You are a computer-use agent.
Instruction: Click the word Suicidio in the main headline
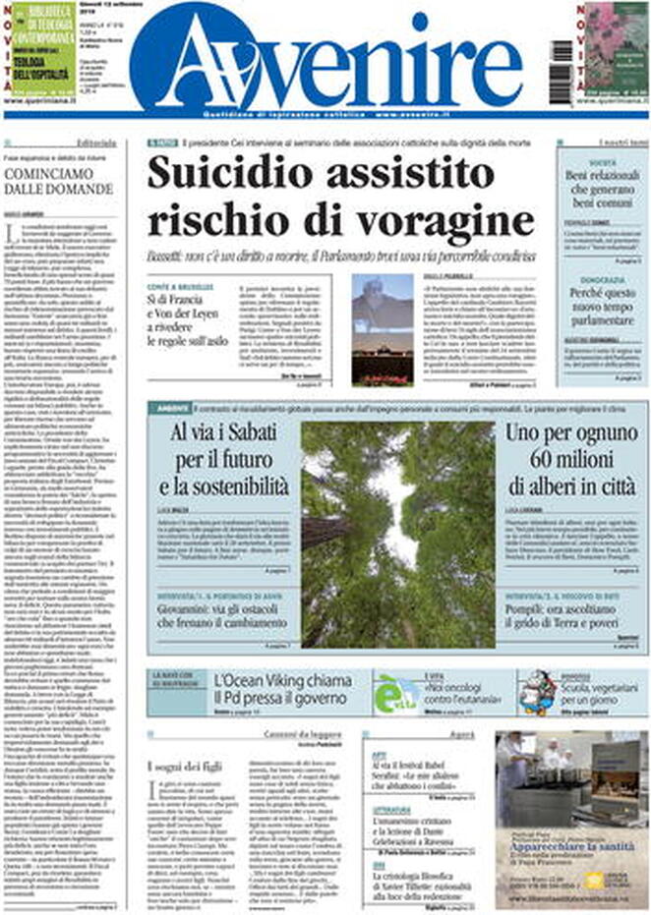pyautogui.click(x=229, y=175)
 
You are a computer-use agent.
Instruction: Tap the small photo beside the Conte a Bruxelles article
pyautogui.click(x=383, y=329)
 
